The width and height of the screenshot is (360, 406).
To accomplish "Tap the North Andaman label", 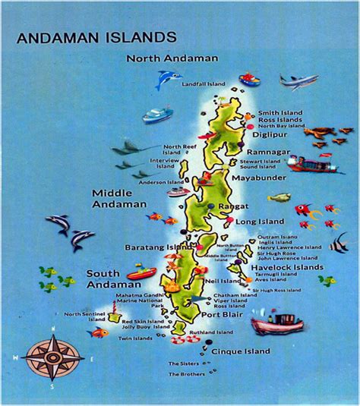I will [172, 58].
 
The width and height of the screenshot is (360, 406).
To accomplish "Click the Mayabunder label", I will [283, 178].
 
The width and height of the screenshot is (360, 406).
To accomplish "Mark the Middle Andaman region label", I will [118, 199].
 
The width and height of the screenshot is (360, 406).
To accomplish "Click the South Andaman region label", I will [109, 279].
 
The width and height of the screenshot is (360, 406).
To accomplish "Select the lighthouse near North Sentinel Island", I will [115, 308].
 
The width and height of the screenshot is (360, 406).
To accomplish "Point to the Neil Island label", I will [223, 281].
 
